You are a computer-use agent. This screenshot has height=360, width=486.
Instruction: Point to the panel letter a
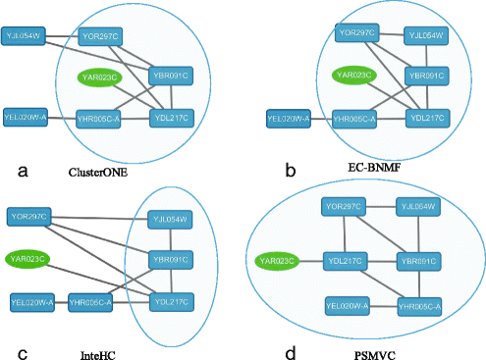[22, 170]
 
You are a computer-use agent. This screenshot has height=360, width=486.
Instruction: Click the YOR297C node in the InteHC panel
[29, 215]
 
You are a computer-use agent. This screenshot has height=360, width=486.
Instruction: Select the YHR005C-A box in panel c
[94, 301]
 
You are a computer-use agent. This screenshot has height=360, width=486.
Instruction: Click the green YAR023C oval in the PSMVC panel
[279, 261]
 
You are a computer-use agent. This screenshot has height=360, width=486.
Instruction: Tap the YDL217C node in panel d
[347, 261]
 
